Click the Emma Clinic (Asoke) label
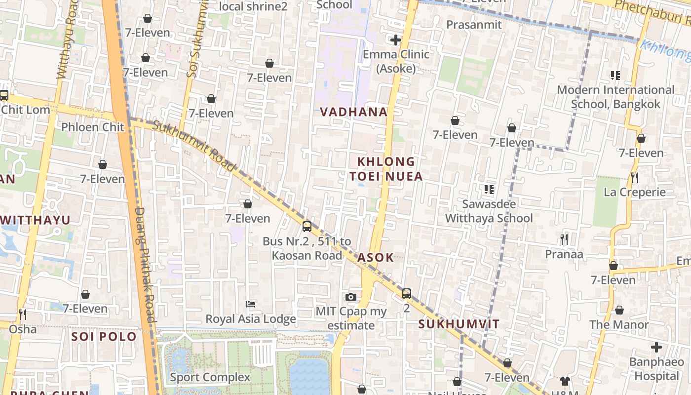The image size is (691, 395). coord(396,61)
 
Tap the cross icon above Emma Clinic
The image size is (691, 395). coord(396,40)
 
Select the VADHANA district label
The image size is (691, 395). coord(354,112)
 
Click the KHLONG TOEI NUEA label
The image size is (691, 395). coord(386,169)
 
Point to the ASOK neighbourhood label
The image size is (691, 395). coord(376,257)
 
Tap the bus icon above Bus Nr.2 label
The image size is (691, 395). coord(307,227)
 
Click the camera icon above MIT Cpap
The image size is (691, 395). coord(351,297)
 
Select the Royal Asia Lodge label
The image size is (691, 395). coord(251,319)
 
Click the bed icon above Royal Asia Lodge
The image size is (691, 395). coord(251,304)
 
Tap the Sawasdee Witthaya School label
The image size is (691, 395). coord(489,211)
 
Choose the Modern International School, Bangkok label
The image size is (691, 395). coord(615,97)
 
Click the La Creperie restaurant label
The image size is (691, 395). coord(635,192)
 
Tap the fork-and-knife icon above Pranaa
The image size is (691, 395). coord(564,240)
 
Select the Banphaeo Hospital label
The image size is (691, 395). coord(656,369)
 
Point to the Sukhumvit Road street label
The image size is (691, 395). coord(194,146)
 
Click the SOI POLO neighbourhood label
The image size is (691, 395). coord(104,337)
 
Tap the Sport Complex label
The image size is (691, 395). coord(210,377)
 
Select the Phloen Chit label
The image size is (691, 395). coord(93,127)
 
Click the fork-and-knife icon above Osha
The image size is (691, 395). coord(22,314)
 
